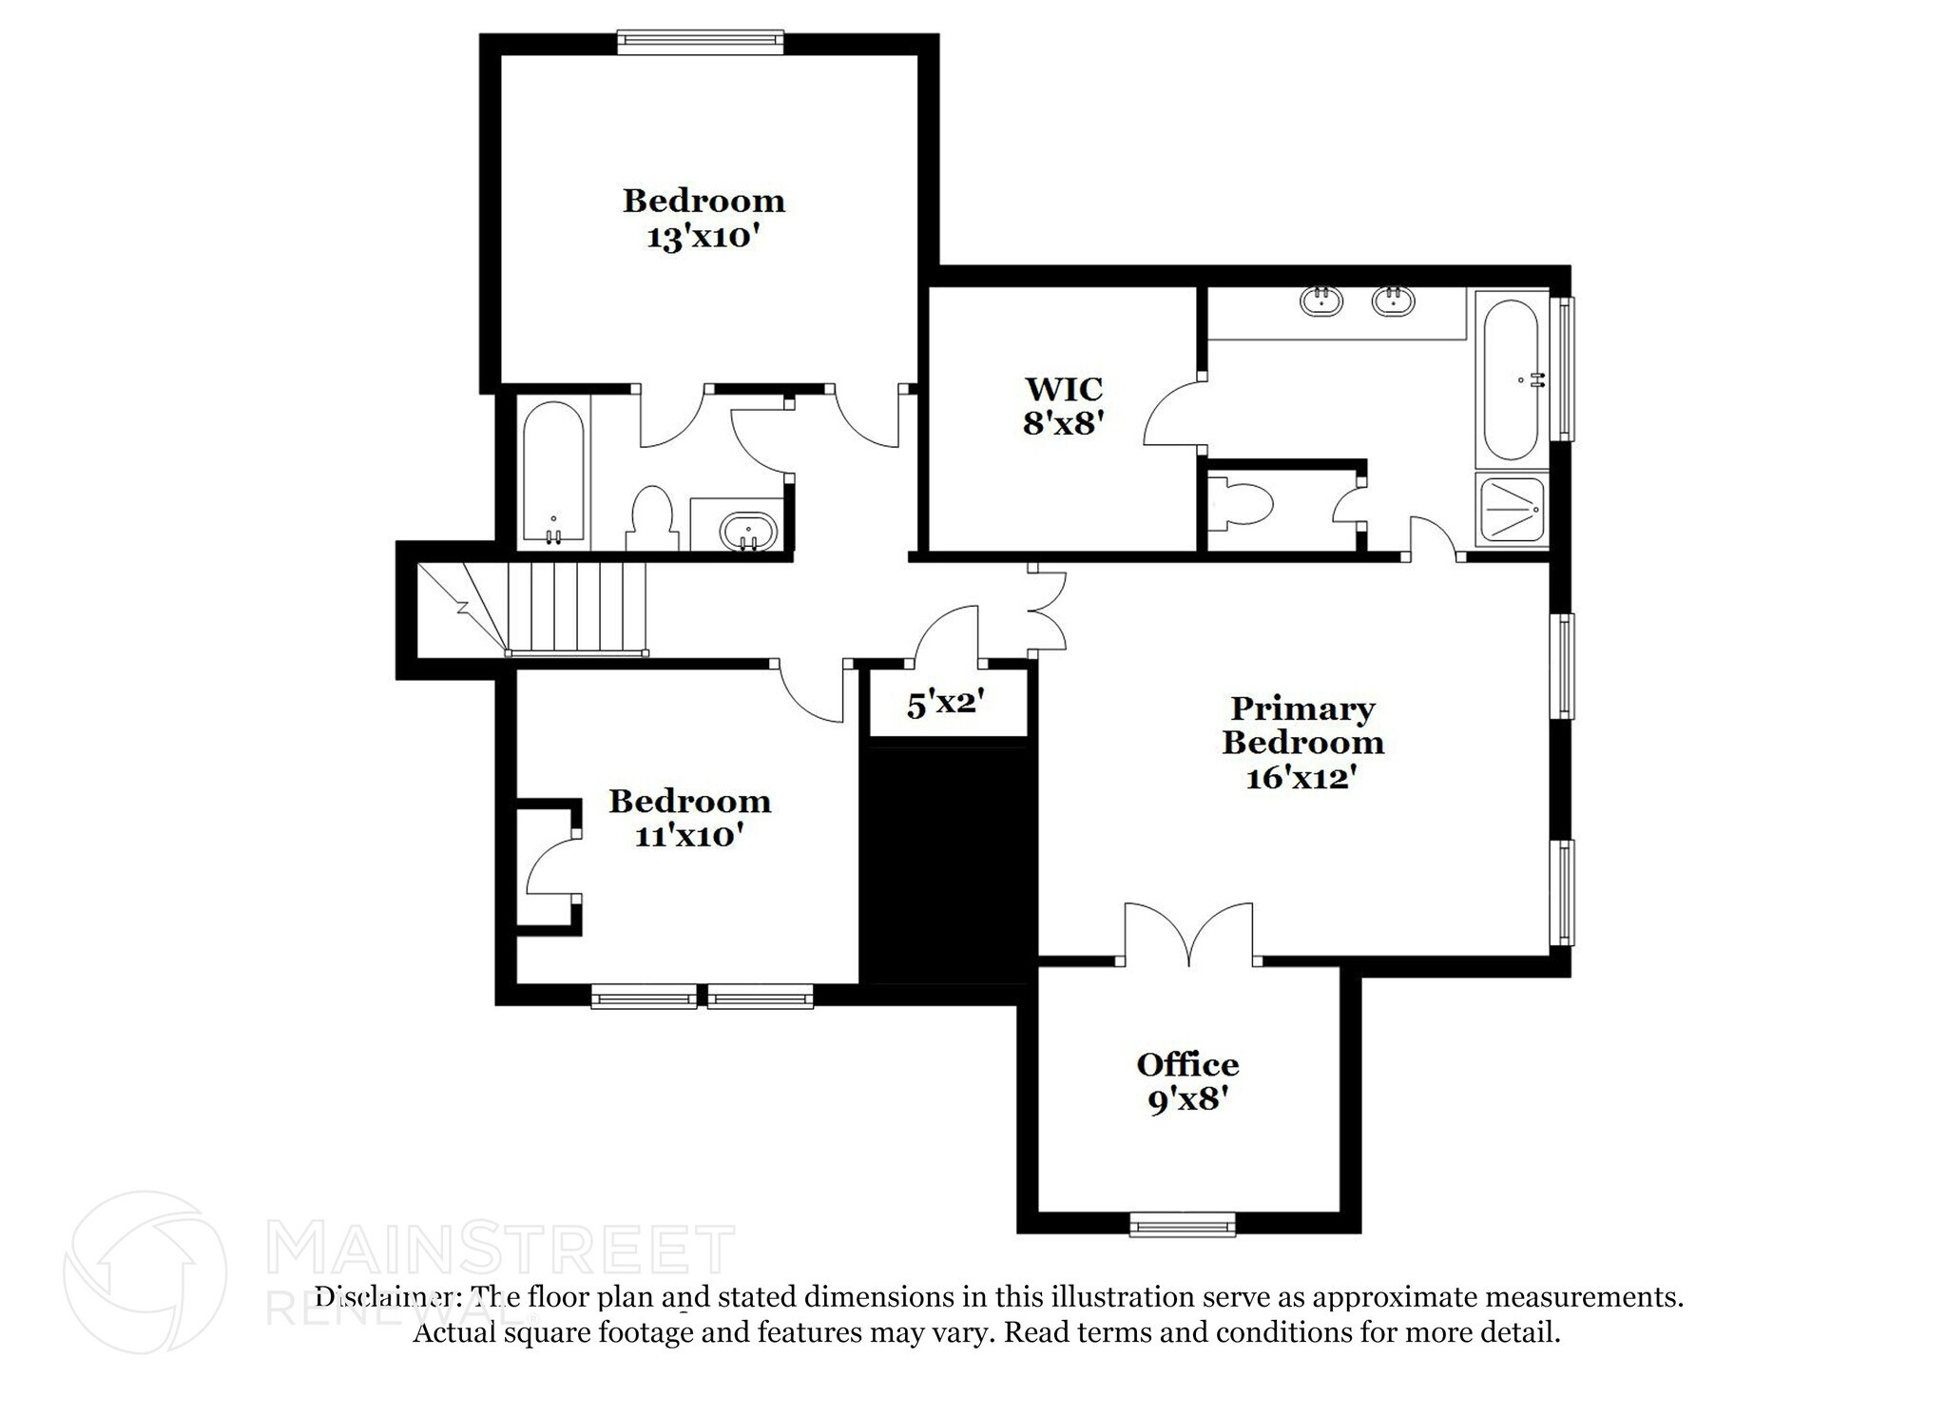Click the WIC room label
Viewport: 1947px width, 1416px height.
click(x=1064, y=389)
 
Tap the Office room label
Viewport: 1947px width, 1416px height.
click(x=1187, y=1065)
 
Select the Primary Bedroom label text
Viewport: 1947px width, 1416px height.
click(x=1302, y=726)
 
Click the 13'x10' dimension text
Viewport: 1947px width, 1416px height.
click(x=704, y=237)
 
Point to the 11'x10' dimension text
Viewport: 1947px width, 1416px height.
click(x=689, y=837)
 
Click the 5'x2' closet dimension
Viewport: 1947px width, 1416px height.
click(x=944, y=705)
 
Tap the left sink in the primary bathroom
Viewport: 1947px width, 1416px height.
click(x=1320, y=301)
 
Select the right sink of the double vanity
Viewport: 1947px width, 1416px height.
click(x=1393, y=301)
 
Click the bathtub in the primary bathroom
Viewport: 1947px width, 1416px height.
click(x=1511, y=380)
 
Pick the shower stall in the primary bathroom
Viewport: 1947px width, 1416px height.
click(x=1510, y=510)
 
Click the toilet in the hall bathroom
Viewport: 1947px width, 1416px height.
click(x=651, y=517)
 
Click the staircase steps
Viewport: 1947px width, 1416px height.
click(x=575, y=608)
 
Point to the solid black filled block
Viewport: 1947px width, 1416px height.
click(x=948, y=863)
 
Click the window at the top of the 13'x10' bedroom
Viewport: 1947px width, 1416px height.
click(x=700, y=39)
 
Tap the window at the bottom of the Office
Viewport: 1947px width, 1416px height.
click(x=1183, y=1224)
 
